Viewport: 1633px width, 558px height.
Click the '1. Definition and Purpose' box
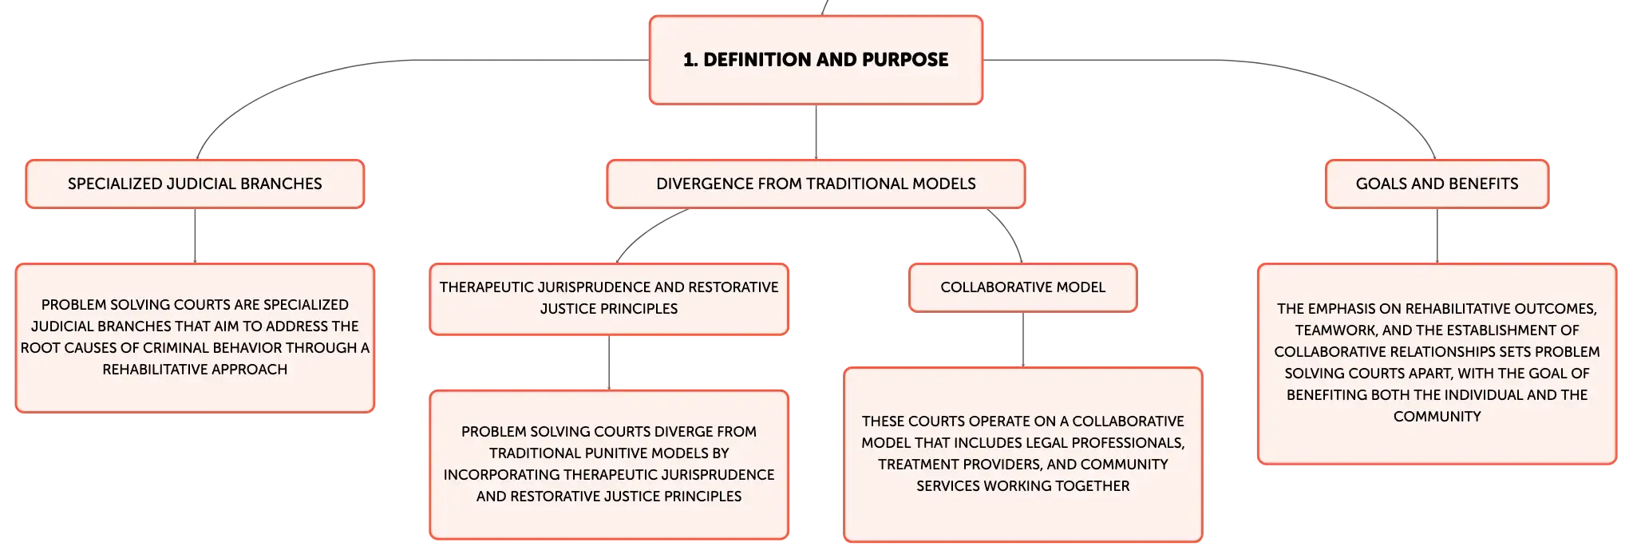tap(816, 60)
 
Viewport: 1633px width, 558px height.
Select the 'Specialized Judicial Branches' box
tap(195, 184)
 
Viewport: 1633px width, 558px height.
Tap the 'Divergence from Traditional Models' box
tap(816, 184)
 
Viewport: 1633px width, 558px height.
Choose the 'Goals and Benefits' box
tap(1437, 184)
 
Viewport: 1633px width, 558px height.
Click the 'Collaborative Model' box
tap(1022, 287)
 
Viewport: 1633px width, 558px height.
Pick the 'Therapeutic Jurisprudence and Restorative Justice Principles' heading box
tap(609, 299)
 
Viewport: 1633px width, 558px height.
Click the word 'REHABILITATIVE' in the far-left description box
tap(152, 370)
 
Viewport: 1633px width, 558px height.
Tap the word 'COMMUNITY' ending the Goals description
tap(1437, 417)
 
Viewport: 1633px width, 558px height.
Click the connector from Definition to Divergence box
tap(816, 132)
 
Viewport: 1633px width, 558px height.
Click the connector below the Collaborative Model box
tap(1022, 339)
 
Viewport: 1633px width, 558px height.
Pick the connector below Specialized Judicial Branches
tap(195, 235)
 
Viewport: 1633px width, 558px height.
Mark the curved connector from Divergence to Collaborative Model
tap(1010, 232)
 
